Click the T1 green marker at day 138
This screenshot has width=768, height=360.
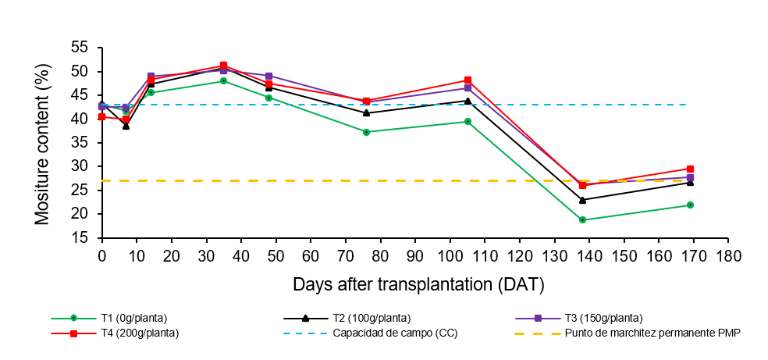point(582,219)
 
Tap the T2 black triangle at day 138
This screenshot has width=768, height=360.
point(582,200)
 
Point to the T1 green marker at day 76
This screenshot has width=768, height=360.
point(366,132)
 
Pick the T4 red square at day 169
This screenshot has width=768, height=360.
point(690,169)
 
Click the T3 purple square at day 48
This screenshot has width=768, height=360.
point(268,76)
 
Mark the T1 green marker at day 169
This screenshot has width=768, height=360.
point(690,205)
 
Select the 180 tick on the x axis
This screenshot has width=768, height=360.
point(728,256)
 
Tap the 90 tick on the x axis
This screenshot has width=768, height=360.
point(414,256)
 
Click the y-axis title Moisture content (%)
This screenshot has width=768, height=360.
point(42,143)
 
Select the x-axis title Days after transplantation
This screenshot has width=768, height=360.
point(418,283)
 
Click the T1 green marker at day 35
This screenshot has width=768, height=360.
point(223,80)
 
